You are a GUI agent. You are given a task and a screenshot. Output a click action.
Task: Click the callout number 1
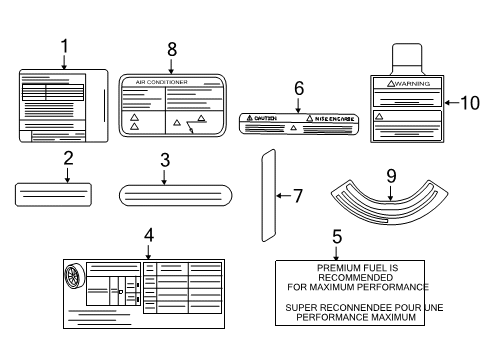[65, 46]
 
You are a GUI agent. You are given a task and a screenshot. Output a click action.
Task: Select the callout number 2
[68, 158]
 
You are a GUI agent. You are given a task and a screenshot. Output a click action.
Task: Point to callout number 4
[148, 235]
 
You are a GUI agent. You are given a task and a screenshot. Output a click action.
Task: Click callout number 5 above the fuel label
[337, 237]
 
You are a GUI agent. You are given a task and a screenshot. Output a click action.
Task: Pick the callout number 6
[298, 88]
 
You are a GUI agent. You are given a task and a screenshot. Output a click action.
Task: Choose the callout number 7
[297, 196]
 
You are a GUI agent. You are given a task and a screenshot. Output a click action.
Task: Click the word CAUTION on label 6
[264, 118]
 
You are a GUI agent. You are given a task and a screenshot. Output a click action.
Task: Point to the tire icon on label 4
[73, 277]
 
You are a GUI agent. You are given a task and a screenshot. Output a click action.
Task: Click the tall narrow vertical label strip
[267, 195]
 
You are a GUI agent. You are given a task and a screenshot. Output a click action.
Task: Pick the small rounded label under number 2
[54, 193]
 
